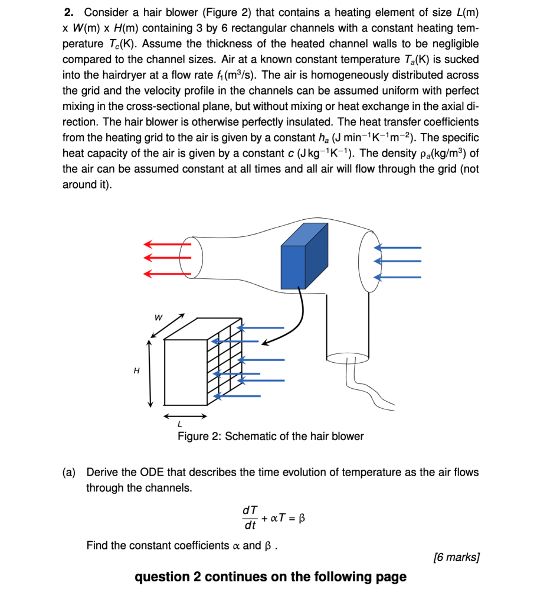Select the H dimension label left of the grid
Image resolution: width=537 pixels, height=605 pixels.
pos(137,371)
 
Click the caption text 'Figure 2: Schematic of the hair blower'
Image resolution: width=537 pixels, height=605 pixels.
pos(271,437)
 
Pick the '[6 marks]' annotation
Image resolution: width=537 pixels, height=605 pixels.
pos(456,557)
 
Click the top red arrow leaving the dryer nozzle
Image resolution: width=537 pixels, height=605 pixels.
pos(166,243)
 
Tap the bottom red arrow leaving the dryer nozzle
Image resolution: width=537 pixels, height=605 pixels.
pos(166,273)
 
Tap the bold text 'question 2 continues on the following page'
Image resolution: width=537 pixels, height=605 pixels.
pos(270,577)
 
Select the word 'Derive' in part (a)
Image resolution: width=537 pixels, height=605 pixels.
pos(103,472)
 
